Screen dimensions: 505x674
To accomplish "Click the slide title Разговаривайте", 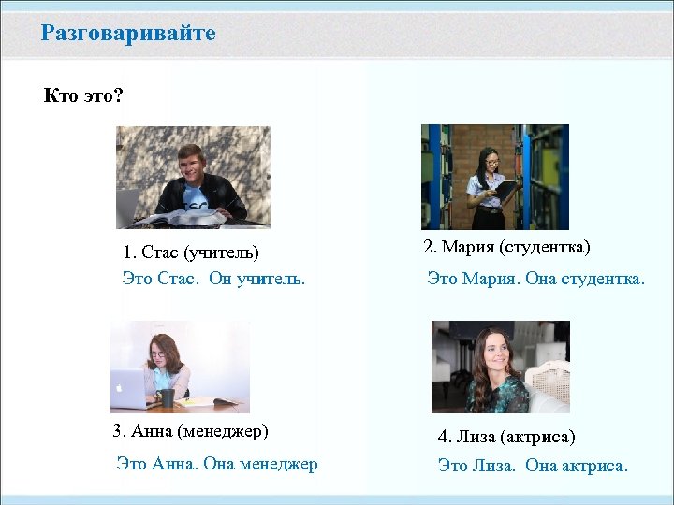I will [x=128, y=34].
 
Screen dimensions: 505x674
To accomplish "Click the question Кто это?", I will [x=83, y=95].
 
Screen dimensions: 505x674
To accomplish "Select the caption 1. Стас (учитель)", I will [x=191, y=252].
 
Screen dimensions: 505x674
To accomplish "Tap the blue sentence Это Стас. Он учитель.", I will [x=213, y=278].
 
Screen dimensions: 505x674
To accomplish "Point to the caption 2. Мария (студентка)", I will [x=506, y=247].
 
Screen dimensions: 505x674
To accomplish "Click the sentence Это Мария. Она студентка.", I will [x=535, y=278].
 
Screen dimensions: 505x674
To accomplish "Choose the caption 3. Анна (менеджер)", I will [x=190, y=431].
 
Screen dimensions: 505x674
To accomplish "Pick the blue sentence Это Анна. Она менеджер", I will [x=216, y=463].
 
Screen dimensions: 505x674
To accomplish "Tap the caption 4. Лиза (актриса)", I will [x=506, y=437].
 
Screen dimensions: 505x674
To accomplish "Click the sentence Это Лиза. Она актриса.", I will [x=533, y=465].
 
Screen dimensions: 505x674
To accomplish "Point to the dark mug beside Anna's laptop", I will [x=167, y=397].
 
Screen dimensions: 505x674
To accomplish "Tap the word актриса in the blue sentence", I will [x=597, y=465].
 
